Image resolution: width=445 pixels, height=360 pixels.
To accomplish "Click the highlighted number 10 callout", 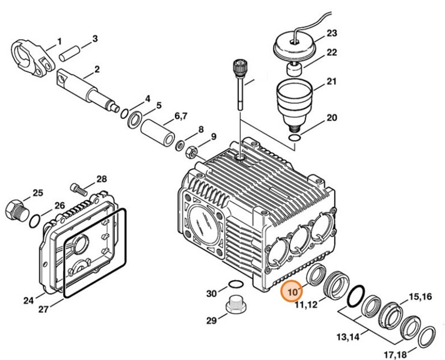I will pos(293,291).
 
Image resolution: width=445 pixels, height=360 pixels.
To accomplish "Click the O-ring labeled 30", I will pos(235,285).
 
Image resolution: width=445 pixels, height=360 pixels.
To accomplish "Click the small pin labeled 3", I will pos(70,50).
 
